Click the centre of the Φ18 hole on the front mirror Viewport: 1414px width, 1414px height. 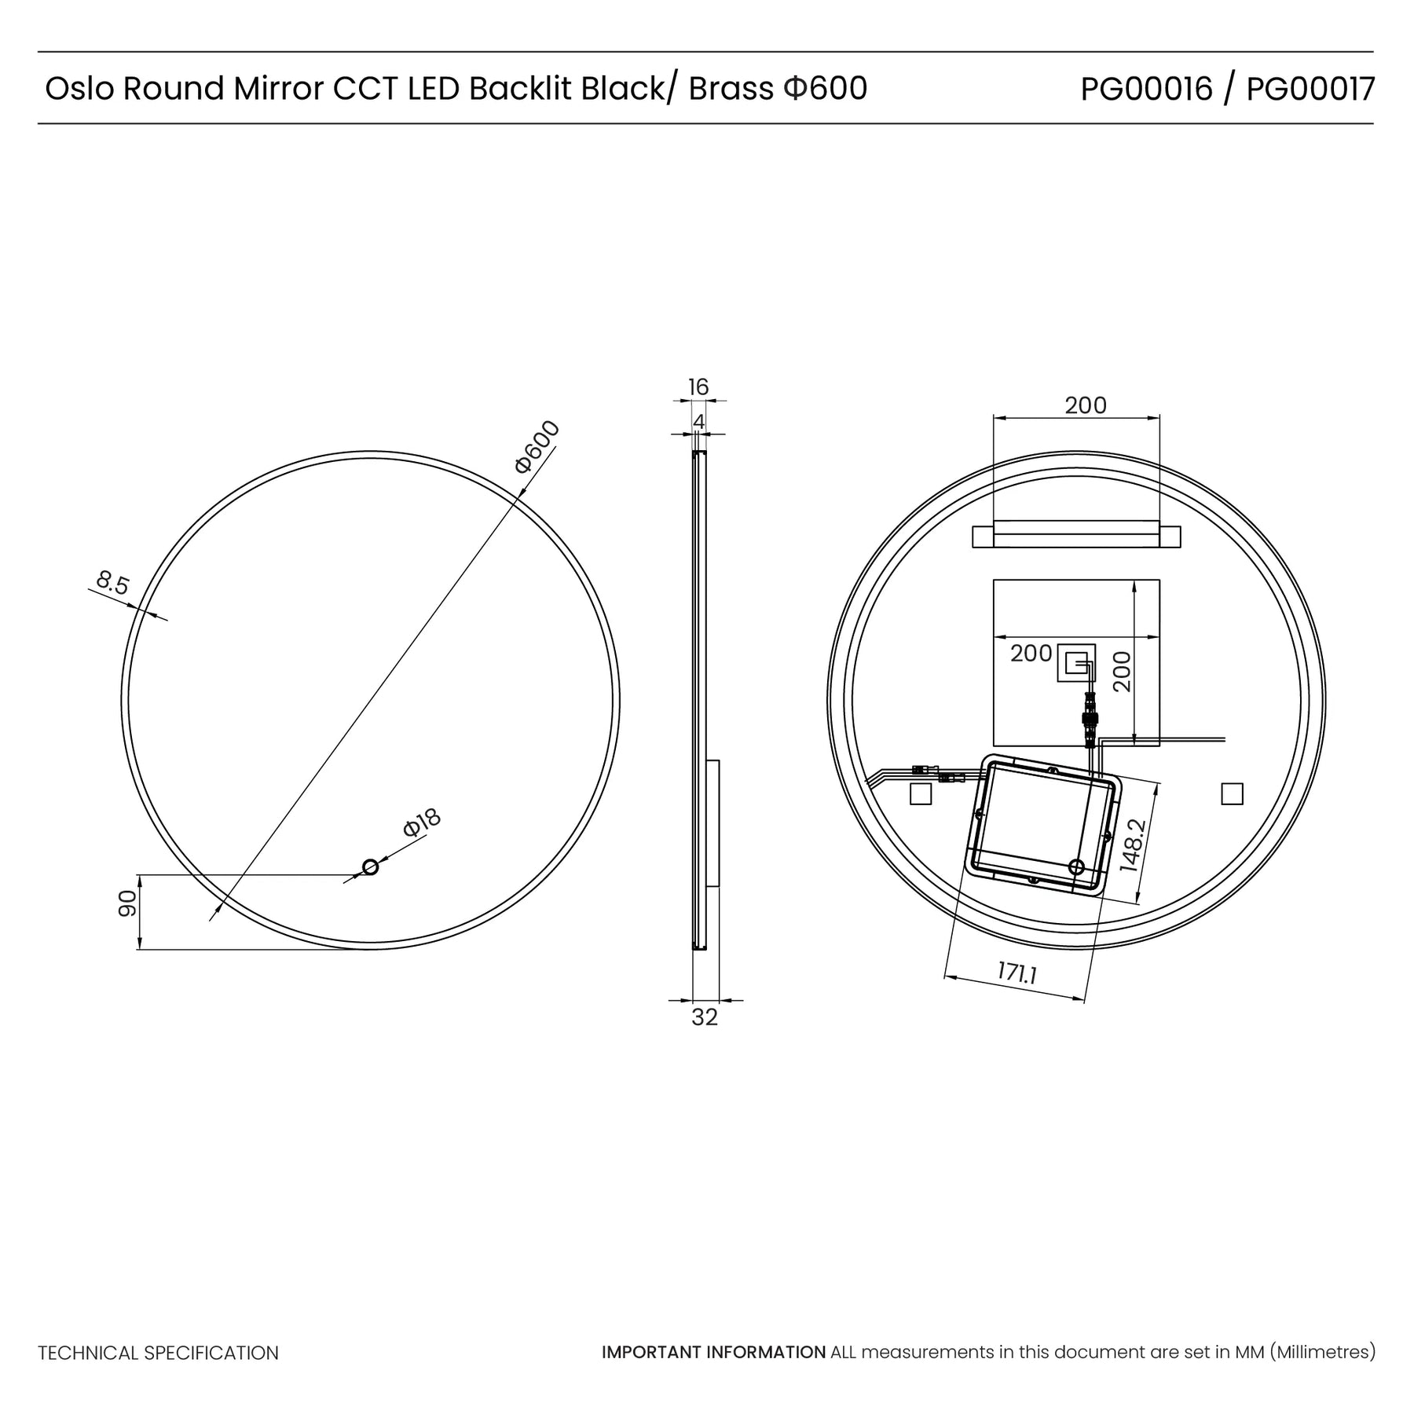(370, 867)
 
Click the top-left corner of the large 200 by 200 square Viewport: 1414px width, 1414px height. (994, 580)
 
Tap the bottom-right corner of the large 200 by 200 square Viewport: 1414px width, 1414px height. (1159, 745)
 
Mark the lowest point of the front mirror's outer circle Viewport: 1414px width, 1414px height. (370, 950)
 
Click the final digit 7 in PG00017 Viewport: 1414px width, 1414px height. (1366, 90)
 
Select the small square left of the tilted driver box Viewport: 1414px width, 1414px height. (920, 794)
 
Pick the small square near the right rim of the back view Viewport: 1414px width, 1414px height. (1232, 794)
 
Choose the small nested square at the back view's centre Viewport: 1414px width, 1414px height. (1076, 663)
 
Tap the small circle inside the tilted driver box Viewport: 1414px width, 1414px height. (1076, 867)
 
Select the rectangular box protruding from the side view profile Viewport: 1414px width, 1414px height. (712, 823)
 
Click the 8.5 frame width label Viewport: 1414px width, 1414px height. (112, 584)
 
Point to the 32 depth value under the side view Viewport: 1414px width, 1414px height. (705, 1017)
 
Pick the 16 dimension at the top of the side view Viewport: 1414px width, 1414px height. (698, 386)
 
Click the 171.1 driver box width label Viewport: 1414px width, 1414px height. (1018, 974)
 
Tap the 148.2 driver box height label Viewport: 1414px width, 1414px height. (1134, 845)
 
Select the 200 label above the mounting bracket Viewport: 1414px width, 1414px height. (1086, 405)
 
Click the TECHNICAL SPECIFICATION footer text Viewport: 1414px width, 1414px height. (159, 1353)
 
